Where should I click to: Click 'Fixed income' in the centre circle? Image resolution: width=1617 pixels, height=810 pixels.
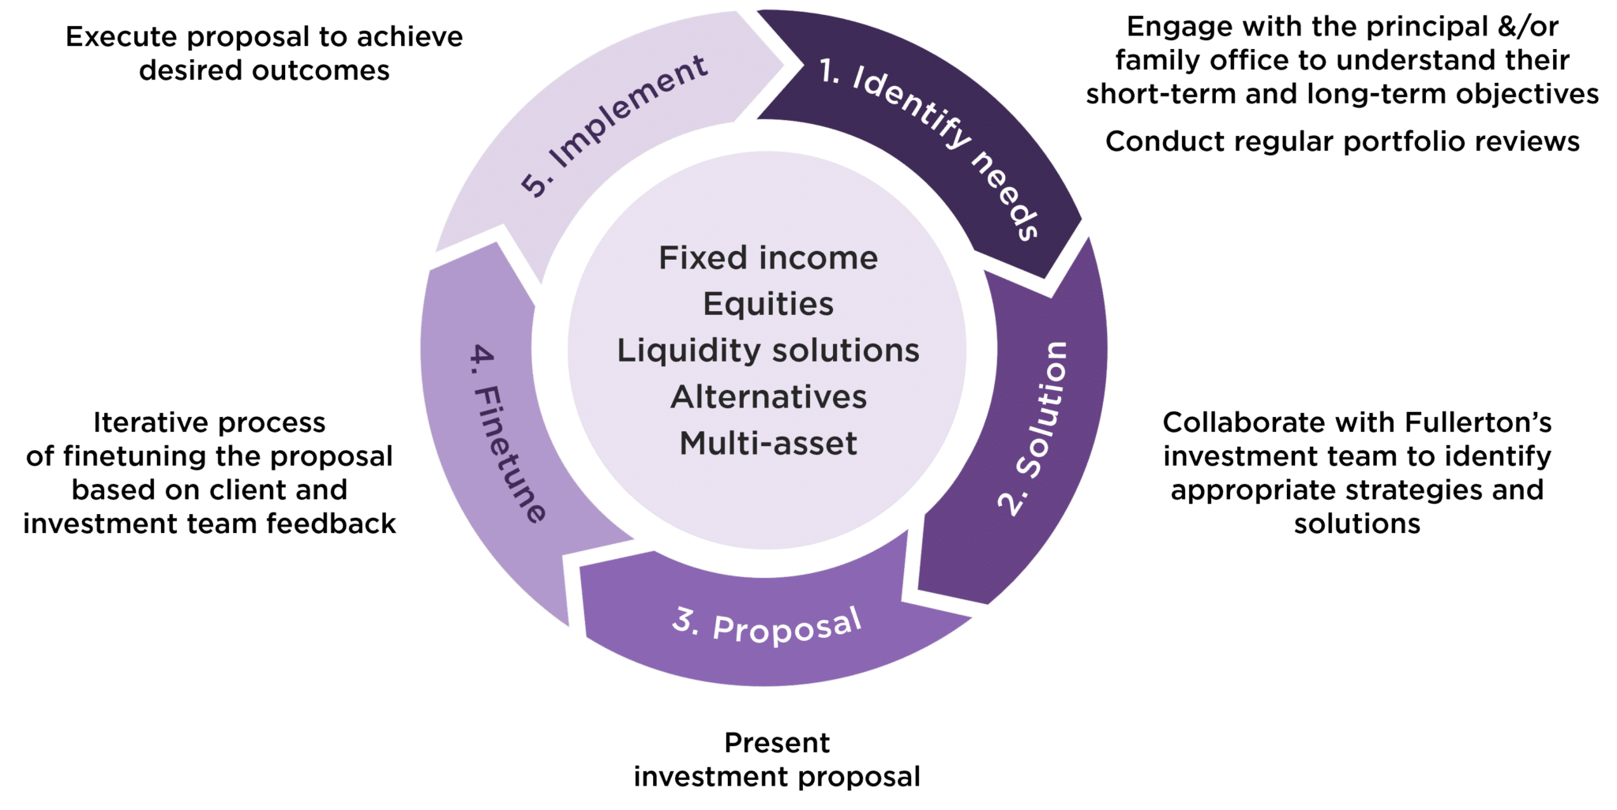768,258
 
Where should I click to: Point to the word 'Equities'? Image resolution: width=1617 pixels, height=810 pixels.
768,304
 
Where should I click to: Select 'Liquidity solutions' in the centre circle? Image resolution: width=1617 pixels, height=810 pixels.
768,351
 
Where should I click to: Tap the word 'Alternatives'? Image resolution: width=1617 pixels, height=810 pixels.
768,397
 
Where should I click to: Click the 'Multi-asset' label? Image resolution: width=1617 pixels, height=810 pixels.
768,443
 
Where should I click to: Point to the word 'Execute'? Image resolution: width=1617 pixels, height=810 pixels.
124,37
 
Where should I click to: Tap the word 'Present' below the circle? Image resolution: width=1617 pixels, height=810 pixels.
777,743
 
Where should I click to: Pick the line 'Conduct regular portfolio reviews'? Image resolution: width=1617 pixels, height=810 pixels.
1342,141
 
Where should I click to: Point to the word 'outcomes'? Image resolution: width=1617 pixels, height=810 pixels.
320,70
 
